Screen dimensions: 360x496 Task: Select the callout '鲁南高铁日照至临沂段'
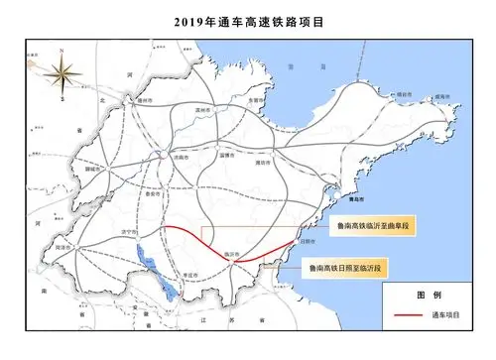tap(343, 270)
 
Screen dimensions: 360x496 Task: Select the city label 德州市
tap(147, 100)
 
